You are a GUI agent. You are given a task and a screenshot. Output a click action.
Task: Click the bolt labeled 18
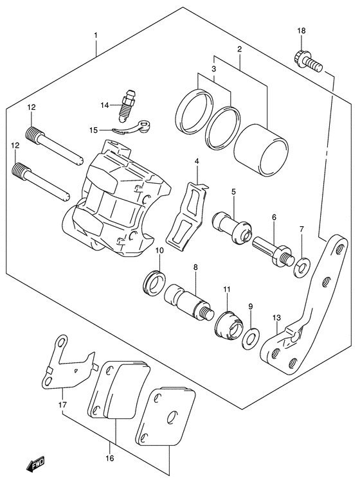point(307,62)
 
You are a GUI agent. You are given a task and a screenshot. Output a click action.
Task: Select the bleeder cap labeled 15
point(137,127)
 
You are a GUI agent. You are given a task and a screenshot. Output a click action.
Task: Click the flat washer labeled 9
point(250,337)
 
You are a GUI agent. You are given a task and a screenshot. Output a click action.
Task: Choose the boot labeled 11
point(227,324)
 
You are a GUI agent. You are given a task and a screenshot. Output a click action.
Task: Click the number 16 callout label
point(109,458)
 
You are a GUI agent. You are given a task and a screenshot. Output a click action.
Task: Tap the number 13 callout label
point(276,317)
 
